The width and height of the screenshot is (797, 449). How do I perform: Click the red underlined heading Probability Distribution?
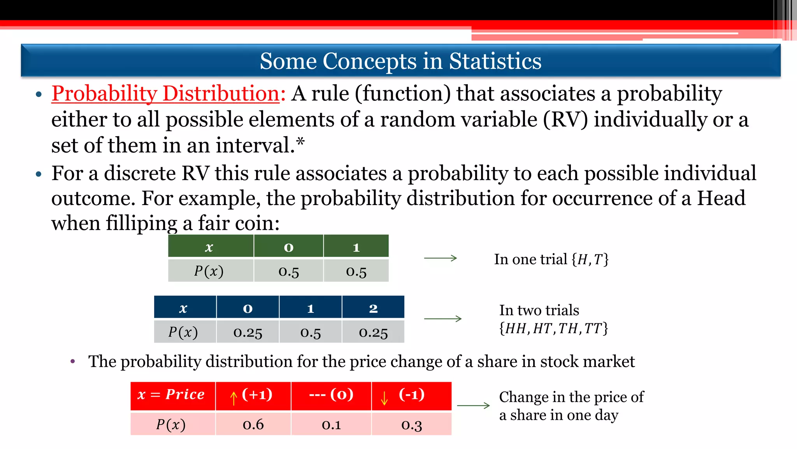pyautogui.click(x=166, y=94)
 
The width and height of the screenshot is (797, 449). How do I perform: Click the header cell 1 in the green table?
pyautogui.click(x=356, y=247)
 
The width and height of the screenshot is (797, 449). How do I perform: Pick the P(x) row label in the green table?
pyautogui.click(x=209, y=271)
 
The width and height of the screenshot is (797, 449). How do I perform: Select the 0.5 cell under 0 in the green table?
pyautogui.click(x=288, y=271)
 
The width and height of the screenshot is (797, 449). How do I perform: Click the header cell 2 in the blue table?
pyautogui.click(x=373, y=308)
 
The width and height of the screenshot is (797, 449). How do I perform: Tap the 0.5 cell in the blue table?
pyautogui.click(x=310, y=332)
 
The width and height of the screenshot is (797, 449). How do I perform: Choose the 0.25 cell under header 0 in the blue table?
pyautogui.click(x=248, y=332)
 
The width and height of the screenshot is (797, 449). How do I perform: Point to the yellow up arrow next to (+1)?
pyautogui.click(x=233, y=398)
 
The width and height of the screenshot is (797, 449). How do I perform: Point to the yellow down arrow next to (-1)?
pyautogui.click(x=384, y=398)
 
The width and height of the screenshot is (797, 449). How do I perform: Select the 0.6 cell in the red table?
pyautogui.click(x=253, y=424)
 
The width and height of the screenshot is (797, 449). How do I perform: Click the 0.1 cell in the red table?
pyautogui.click(x=331, y=424)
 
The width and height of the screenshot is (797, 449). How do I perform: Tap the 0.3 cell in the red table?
pyautogui.click(x=411, y=424)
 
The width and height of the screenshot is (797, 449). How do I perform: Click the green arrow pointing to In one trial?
pyautogui.click(x=440, y=258)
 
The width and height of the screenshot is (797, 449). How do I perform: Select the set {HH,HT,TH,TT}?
pyautogui.click(x=553, y=328)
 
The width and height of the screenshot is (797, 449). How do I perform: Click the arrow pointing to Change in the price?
pyautogui.click(x=473, y=405)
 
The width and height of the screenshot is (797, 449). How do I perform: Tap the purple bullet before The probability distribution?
pyautogui.click(x=73, y=361)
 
